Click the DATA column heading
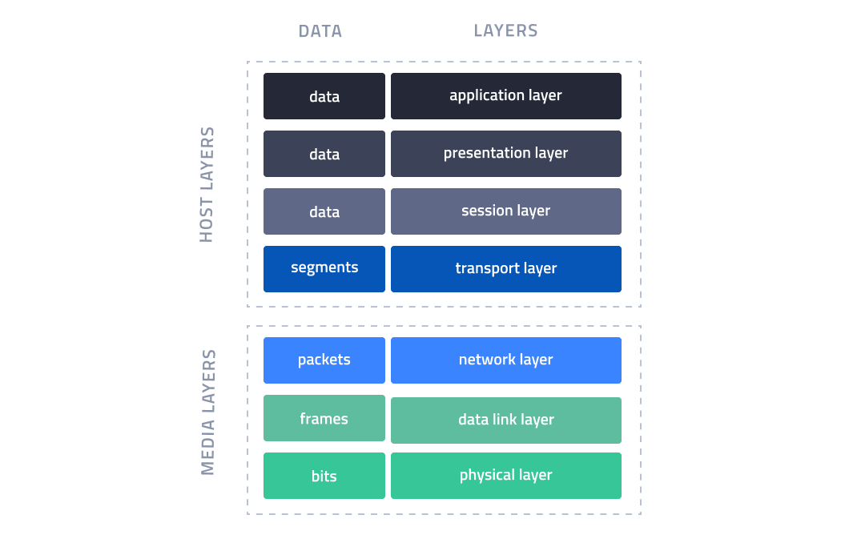320,31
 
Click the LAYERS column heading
505,30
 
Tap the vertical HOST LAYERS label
207,185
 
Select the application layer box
505,96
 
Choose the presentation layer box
505,154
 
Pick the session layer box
505,211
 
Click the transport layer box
505,269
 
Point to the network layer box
505,360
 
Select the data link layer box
505,420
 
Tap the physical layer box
505,476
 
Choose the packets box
324,360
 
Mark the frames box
324,418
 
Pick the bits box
324,476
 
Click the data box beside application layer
324,96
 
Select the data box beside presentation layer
324,154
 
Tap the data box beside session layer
324,211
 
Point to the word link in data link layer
505,420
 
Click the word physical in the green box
488,476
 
